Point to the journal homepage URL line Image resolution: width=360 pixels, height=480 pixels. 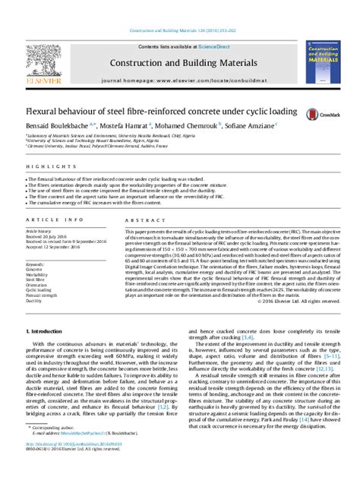[x=180, y=78]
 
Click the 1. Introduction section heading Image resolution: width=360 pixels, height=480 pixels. [x=45, y=332]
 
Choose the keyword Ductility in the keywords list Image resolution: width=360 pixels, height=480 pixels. [x=34, y=300]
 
